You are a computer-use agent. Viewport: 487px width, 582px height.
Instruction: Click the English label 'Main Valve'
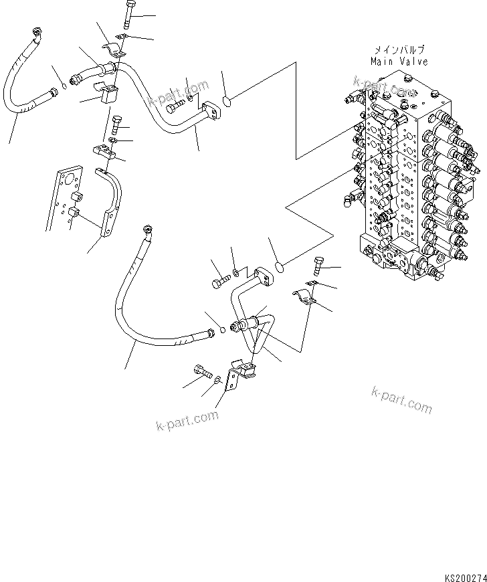tap(399, 62)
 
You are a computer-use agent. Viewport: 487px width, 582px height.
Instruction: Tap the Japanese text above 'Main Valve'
tap(399, 50)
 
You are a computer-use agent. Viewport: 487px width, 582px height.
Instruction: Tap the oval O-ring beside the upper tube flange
tap(227, 102)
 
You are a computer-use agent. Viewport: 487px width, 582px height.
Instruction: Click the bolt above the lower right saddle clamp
tap(317, 266)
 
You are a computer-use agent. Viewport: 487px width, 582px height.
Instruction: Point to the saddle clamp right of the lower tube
tap(304, 298)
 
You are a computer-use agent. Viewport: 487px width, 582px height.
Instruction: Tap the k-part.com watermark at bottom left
tap(187, 421)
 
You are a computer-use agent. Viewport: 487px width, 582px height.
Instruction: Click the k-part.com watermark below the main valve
tap(401, 399)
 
